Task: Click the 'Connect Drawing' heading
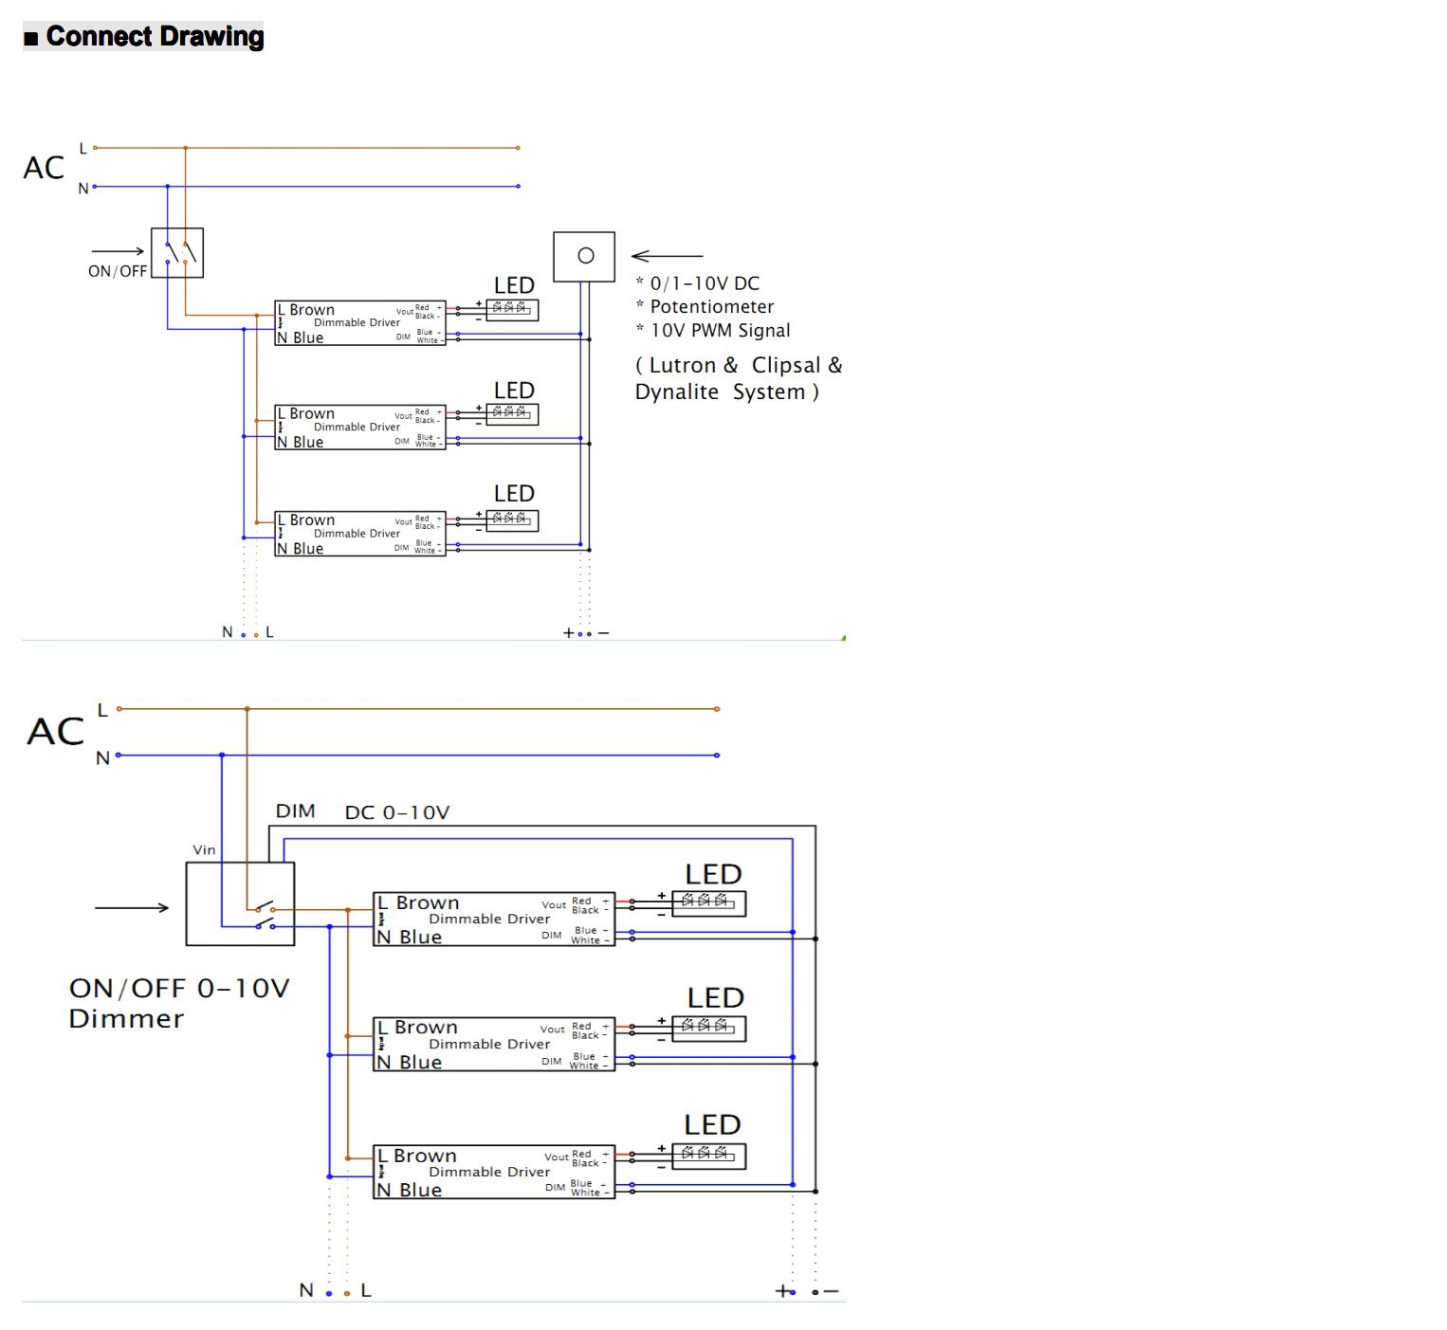155,36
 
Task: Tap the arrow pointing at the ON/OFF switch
118,251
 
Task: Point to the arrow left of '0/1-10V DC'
667,255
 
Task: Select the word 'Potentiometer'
711,306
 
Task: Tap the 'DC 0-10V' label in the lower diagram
396,812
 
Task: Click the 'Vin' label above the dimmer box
204,849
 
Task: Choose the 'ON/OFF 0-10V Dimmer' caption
179,1003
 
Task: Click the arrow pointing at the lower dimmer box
131,907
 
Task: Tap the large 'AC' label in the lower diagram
56,731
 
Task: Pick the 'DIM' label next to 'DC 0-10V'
295,811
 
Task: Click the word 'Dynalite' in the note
677,392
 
